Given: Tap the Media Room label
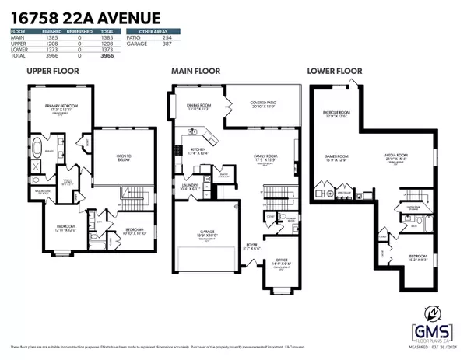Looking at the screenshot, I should click(x=399, y=158).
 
